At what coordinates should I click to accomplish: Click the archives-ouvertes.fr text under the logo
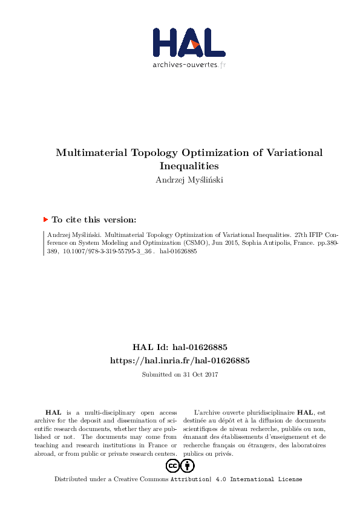pos(189,64)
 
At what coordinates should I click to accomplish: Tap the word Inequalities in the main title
pos(189,165)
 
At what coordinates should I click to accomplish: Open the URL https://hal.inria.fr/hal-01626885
pos(180,360)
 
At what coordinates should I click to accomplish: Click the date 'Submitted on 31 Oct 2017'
pos(180,375)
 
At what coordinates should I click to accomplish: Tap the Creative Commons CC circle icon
pos(172,466)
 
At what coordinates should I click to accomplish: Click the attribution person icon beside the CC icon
pos(188,466)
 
